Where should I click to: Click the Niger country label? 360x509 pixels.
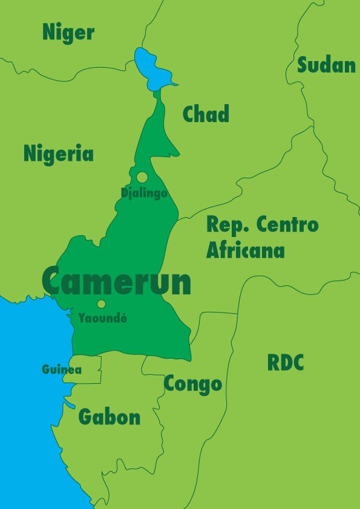click(x=68, y=33)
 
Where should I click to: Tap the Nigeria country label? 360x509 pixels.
click(x=59, y=154)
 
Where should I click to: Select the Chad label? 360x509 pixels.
click(x=206, y=114)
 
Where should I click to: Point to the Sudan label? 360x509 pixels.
click(x=326, y=65)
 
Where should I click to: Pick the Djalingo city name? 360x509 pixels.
click(x=144, y=193)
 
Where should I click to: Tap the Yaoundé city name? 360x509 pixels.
click(x=103, y=317)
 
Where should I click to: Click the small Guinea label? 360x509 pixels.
click(x=62, y=369)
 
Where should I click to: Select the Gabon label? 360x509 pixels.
click(x=110, y=417)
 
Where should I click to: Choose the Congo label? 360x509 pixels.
click(x=193, y=383)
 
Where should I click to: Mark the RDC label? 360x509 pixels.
click(x=286, y=363)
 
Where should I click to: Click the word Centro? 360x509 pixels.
click(x=287, y=224)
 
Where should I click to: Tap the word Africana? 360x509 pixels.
click(x=245, y=250)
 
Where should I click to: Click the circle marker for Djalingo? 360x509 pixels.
click(x=142, y=177)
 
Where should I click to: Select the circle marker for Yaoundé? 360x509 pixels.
click(x=101, y=304)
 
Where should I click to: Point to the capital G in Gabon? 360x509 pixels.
click(x=87, y=417)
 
